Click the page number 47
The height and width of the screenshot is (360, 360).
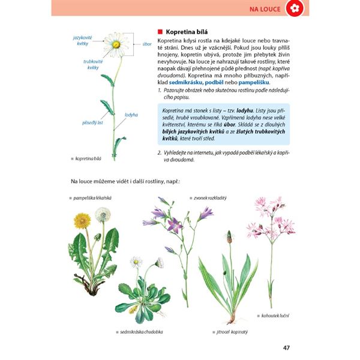(287, 346)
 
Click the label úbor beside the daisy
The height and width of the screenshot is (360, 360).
(146, 44)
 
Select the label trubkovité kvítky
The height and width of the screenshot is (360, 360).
(92, 64)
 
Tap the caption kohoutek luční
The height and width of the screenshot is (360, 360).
(275, 314)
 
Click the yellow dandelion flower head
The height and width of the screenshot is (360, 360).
(83, 220)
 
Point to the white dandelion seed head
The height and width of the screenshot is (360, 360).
(103, 214)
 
